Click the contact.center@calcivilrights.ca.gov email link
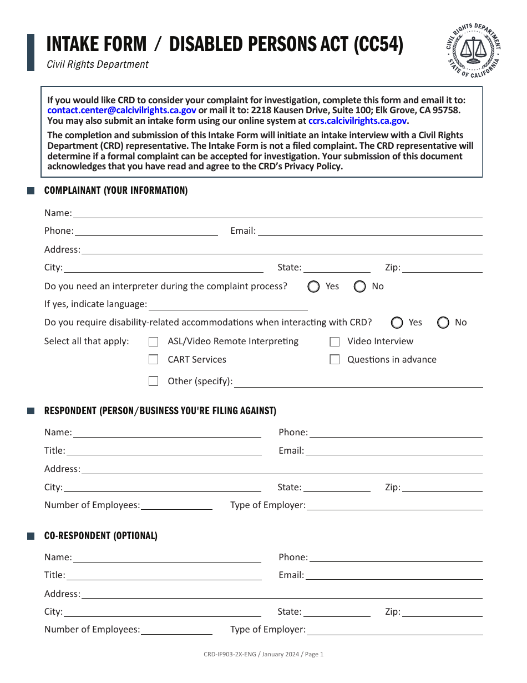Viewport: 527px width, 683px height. coord(121,111)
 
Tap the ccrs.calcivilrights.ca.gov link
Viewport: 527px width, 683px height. coord(358,120)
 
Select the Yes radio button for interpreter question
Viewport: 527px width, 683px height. coord(314,287)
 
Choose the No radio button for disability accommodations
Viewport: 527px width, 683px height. coord(443,323)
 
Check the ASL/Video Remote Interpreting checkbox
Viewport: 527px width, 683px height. coord(154,341)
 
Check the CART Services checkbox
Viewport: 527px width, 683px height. coord(154,360)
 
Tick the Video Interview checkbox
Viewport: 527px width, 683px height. coord(335,341)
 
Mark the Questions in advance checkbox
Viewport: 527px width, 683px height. coord(335,360)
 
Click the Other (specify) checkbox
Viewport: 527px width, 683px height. coord(154,381)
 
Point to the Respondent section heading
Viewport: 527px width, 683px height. coord(160,411)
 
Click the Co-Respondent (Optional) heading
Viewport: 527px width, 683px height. coord(100,536)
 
